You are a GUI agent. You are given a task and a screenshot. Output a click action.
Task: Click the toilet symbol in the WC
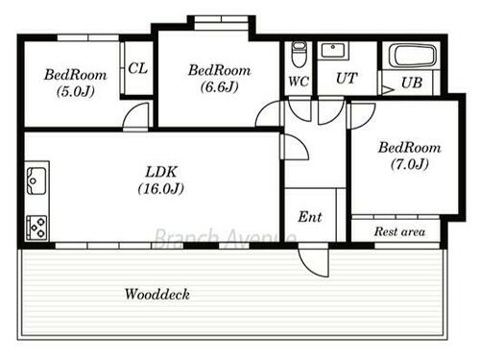[x=299, y=55]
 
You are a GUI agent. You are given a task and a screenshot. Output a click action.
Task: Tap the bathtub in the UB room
[x=413, y=56]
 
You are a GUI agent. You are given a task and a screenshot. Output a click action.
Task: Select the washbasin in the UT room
[x=333, y=51]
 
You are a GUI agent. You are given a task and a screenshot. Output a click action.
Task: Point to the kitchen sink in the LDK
[x=36, y=180]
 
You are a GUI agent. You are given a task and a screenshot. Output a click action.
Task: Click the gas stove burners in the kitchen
[x=36, y=228]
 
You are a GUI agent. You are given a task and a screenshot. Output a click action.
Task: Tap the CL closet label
[x=138, y=68]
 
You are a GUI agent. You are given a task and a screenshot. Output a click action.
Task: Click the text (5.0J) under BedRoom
[x=76, y=92]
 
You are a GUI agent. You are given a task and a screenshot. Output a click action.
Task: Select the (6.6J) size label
[x=220, y=86]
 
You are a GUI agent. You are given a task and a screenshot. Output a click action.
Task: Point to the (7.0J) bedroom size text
[x=410, y=164]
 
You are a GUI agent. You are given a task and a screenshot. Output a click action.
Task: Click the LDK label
[x=161, y=172]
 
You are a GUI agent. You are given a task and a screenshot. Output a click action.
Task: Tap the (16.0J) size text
[x=161, y=188]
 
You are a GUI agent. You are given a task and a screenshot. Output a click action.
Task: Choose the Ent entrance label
[x=310, y=217]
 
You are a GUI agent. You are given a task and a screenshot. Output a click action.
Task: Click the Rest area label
[x=399, y=231]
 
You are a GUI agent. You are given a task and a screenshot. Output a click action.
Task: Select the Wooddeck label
[x=157, y=294]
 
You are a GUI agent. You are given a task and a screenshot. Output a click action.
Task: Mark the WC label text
[x=299, y=82]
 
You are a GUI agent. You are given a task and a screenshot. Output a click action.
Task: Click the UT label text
[x=347, y=78]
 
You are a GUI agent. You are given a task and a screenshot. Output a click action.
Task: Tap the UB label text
[x=412, y=83]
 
